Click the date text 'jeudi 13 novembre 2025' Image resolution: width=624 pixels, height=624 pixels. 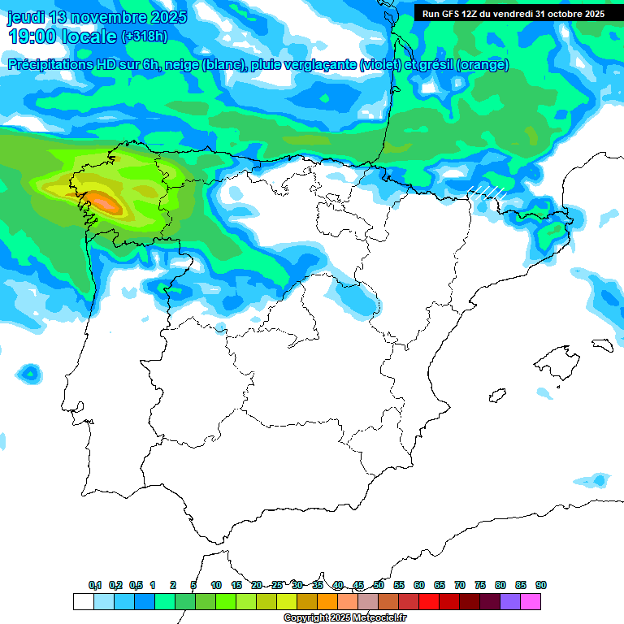tap(97, 17)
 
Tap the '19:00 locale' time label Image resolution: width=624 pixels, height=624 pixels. tap(63, 36)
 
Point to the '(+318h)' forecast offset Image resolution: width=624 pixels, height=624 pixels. tap(145, 37)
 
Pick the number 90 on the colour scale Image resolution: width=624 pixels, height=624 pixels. tap(541, 585)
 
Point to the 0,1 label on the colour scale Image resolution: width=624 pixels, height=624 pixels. tap(95, 585)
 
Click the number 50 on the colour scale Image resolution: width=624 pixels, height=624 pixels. tap(379, 585)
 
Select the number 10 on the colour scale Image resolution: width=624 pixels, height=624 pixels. tap(216, 585)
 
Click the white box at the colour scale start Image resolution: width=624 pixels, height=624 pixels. tap(83, 601)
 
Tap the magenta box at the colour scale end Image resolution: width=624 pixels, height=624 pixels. tap(531, 601)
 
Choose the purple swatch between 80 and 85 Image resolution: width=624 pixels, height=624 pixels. tap(510, 601)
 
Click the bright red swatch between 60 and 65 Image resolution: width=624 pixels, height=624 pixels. tap(429, 601)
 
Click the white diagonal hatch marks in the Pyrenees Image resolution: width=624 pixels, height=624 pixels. tap(487, 192)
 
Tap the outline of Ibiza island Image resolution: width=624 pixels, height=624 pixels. tap(497, 396)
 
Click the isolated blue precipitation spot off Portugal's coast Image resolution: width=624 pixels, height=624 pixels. tap(30, 373)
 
